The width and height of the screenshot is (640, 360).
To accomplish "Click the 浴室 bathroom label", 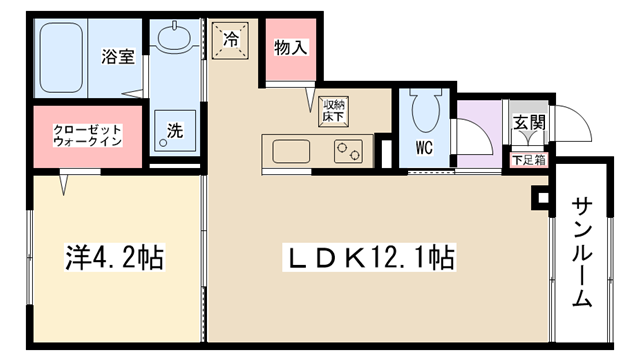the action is click(x=118, y=56).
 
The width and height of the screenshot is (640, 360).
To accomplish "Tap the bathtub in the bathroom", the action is click(x=62, y=57).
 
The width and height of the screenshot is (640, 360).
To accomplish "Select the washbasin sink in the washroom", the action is click(x=174, y=37).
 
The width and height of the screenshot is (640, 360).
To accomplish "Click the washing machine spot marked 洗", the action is click(x=175, y=131).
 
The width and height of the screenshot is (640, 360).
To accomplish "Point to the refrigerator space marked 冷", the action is click(x=230, y=40).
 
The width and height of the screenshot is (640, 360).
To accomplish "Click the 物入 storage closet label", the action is click(x=291, y=47).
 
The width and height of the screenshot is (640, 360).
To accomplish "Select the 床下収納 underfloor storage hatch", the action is click(x=333, y=111).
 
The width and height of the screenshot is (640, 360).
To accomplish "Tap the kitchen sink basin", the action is click(x=291, y=151).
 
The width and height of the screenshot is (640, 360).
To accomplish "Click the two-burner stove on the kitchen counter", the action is click(x=348, y=151).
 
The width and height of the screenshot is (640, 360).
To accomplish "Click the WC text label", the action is click(x=424, y=148).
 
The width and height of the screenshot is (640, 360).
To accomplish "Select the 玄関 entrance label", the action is click(x=529, y=122).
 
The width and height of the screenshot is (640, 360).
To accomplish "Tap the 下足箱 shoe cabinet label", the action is click(x=529, y=160).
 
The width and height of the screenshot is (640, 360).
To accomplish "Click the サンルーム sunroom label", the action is click(x=582, y=252).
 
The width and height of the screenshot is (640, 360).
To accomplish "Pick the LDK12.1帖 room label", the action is click(x=369, y=258).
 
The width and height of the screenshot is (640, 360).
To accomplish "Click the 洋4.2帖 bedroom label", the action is click(x=115, y=258).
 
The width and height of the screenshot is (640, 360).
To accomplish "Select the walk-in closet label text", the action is click(x=88, y=136).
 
